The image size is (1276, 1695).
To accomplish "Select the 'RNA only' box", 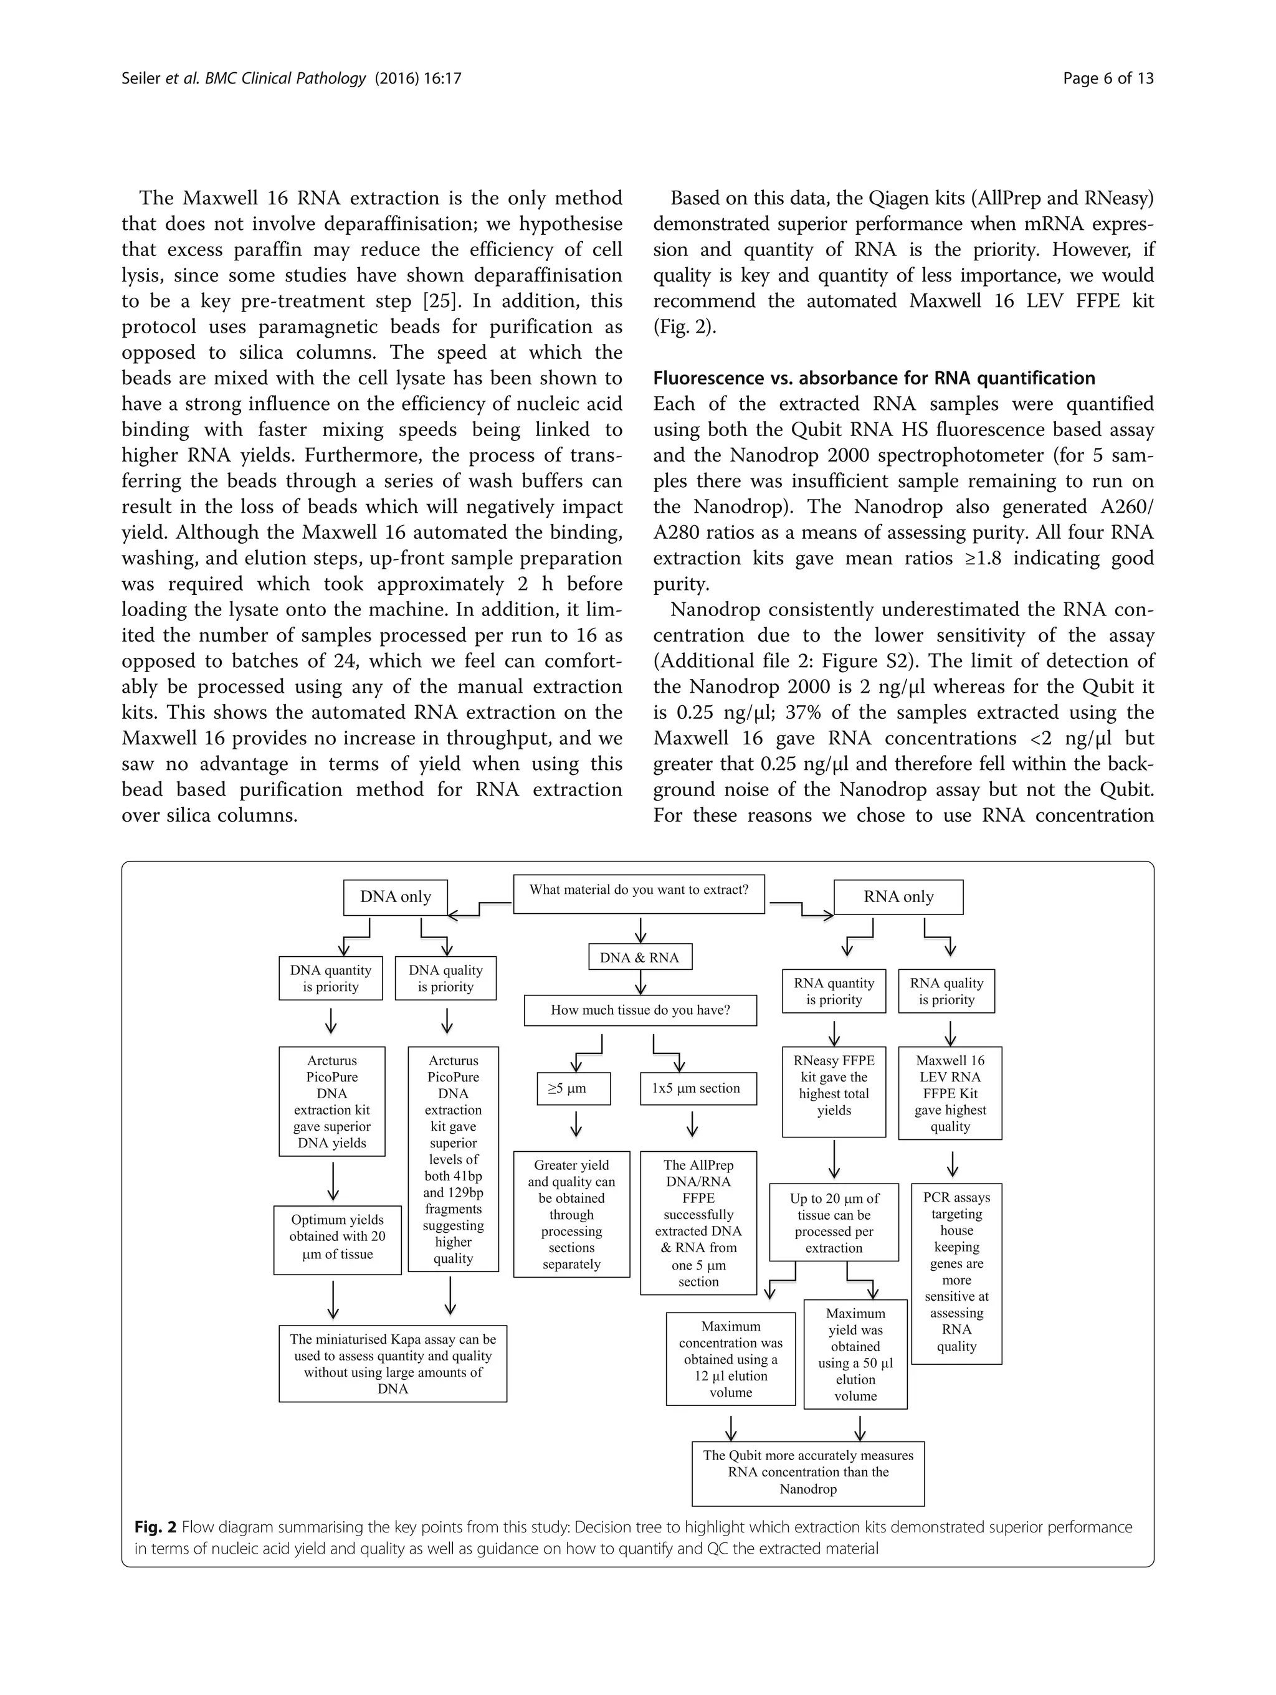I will [898, 896].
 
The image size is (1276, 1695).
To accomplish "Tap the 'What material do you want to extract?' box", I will [639, 893].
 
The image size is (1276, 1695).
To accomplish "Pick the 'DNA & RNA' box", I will [639, 957].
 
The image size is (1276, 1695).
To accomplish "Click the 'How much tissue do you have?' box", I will [640, 1010].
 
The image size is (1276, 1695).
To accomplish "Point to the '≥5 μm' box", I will [573, 1088].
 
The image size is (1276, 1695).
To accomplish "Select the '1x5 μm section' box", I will [697, 1088].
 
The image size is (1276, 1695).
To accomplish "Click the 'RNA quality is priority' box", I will [946, 992].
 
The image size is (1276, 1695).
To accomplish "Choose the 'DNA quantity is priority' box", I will [330, 979].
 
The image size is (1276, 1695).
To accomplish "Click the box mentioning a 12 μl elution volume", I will [730, 1359].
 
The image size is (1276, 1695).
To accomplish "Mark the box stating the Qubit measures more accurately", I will [807, 1472].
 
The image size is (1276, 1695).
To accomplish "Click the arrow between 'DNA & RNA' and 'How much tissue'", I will [639, 982].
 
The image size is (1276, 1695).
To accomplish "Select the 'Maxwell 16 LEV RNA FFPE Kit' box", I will [950, 1093].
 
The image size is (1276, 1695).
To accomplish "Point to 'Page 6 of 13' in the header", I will [1107, 78].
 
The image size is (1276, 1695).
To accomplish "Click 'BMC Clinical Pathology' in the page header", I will [285, 78].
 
